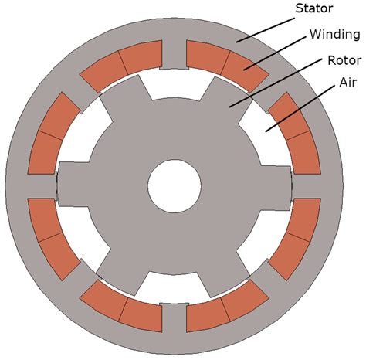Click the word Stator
click(x=314, y=8)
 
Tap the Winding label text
click(x=335, y=34)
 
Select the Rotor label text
click(x=344, y=60)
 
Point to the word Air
click(x=348, y=83)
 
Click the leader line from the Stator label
click(x=266, y=30)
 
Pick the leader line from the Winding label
click(x=275, y=53)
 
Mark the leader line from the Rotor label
click(x=276, y=83)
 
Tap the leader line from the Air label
click(x=300, y=109)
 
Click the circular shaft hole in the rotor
click(x=175, y=186)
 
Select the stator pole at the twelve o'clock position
click(x=175, y=55)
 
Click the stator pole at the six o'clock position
click(x=175, y=318)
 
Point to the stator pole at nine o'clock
click(x=42, y=186)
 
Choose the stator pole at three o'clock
click(x=306, y=186)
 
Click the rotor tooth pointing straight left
click(x=74, y=184)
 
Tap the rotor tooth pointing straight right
click(x=275, y=188)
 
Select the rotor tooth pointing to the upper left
click(x=126, y=99)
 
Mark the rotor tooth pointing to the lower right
click(x=225, y=273)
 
